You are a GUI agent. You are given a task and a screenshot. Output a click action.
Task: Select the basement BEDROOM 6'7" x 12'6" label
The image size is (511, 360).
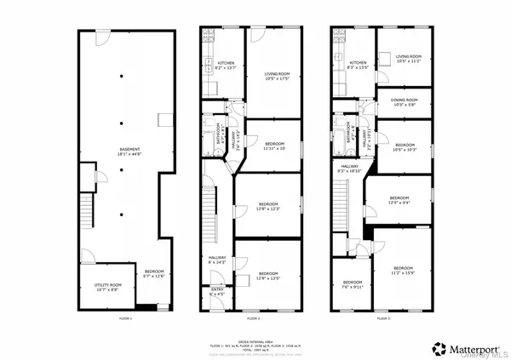pos(154,272)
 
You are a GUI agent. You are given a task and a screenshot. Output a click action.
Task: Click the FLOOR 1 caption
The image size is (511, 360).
pos(124,317)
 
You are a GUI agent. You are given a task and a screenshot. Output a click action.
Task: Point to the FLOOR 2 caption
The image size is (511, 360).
pos(252,317)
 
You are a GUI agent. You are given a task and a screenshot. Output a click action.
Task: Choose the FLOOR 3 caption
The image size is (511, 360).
pos(383,317)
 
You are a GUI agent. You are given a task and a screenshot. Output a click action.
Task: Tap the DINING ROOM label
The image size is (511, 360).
pos(404,102)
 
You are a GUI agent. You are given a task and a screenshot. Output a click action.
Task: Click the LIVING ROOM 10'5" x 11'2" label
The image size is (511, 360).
pos(409,59)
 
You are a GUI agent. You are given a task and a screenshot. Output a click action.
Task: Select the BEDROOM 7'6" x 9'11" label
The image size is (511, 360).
pos(353,285)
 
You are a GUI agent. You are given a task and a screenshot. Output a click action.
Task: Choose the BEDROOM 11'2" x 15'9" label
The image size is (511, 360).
pos(404,271)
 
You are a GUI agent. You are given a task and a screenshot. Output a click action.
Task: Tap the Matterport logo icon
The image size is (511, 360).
pos(440,348)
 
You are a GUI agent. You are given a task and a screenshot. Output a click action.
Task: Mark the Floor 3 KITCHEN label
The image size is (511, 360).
pos(359,64)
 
